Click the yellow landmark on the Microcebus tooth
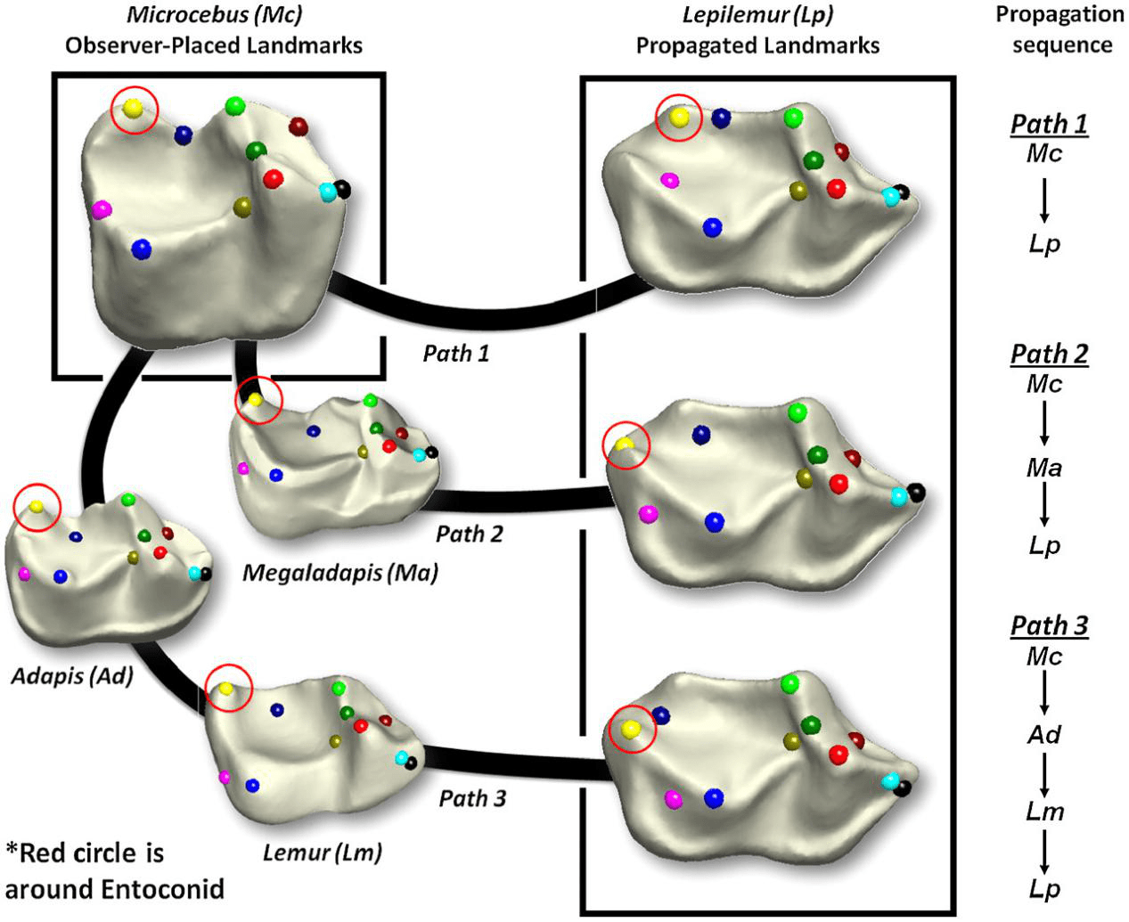(x=133, y=109)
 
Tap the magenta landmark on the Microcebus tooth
(x=102, y=210)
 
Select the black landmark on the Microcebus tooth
(x=342, y=189)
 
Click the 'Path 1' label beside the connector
(x=456, y=354)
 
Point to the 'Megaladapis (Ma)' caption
(x=340, y=572)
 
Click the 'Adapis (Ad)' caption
(x=72, y=676)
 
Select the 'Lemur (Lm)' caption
(x=322, y=853)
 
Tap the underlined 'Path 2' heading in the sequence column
(x=1049, y=354)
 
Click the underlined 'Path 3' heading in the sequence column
(x=1049, y=625)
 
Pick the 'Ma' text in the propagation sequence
(x=1043, y=468)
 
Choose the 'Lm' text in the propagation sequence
(x=1043, y=812)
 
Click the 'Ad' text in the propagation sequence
(x=1043, y=734)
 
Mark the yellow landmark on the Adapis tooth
(x=37, y=507)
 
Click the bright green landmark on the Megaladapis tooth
(x=370, y=401)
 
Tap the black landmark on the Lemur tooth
(x=411, y=763)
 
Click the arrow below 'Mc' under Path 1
(x=1043, y=200)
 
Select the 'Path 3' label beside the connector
(x=472, y=798)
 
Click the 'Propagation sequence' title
(x=1060, y=29)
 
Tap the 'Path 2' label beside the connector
(x=469, y=534)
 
